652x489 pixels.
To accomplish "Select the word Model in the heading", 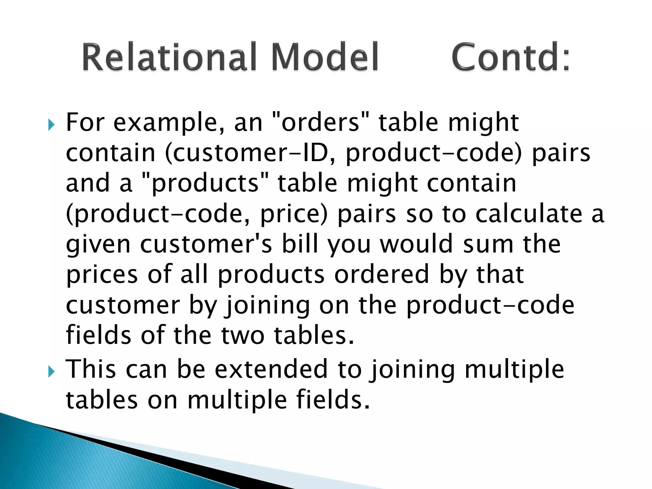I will (325, 57).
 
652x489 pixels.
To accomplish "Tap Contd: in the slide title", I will (511, 57).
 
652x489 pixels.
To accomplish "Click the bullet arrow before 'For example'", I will (51, 125).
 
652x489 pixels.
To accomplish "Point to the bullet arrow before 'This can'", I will (51, 372).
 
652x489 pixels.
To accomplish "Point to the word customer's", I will (206, 244).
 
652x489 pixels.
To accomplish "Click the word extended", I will (271, 369).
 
